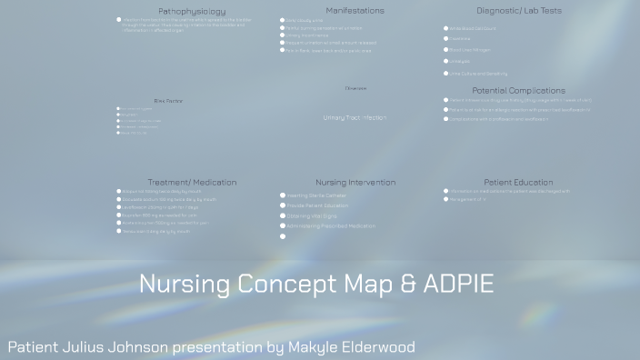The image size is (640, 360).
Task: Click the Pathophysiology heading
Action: [x=192, y=11]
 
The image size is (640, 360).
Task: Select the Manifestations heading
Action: [x=355, y=10]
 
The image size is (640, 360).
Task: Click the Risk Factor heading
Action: [x=168, y=101]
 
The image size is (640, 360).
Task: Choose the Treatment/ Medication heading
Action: [x=192, y=182]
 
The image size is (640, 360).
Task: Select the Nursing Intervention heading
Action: [x=355, y=183]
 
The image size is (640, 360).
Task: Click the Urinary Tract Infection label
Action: [x=355, y=117]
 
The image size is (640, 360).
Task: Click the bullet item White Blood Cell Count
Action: [x=469, y=28]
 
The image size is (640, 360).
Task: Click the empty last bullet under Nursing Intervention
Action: [x=283, y=236]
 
